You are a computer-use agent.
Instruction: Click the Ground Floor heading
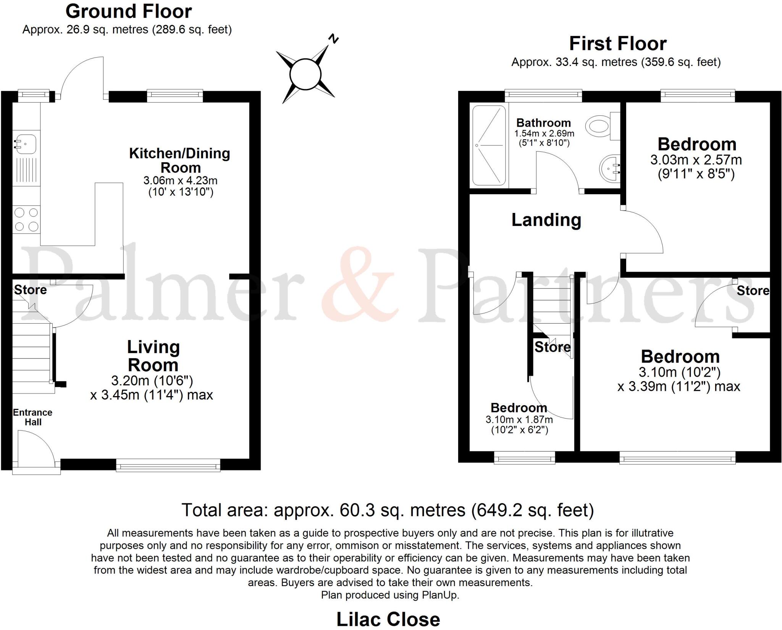(x=129, y=11)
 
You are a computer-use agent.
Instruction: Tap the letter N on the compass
(x=334, y=39)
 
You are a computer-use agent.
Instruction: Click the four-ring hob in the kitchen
(x=26, y=219)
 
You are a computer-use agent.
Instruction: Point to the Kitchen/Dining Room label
(x=180, y=160)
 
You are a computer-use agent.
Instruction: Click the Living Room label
(x=153, y=356)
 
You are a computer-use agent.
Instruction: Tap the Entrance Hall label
(x=33, y=417)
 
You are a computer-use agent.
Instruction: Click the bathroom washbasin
(x=609, y=168)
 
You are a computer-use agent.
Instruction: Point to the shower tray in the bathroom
(x=489, y=145)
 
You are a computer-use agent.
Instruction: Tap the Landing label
(x=546, y=220)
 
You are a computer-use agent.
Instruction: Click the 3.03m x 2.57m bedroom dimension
(x=696, y=160)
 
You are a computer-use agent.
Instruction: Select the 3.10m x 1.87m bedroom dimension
(x=519, y=420)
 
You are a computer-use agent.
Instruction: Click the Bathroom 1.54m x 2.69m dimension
(x=544, y=134)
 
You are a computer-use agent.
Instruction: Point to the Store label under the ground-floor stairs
(x=31, y=290)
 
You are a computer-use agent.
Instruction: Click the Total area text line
(x=388, y=510)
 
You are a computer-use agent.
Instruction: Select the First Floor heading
(x=618, y=44)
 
